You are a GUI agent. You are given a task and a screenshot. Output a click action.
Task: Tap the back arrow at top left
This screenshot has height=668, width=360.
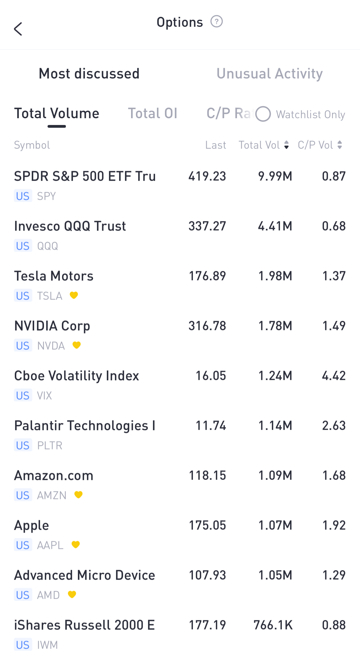click(18, 29)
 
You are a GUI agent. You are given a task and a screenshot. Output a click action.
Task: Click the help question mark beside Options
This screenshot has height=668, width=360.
click(217, 22)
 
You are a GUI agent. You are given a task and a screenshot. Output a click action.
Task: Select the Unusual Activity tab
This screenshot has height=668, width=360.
click(270, 74)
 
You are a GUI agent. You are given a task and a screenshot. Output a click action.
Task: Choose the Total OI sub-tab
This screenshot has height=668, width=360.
click(153, 113)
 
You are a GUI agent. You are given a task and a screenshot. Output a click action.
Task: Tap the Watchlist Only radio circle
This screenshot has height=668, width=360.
click(263, 114)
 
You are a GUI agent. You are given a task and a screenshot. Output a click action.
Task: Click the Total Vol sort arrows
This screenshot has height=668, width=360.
click(286, 145)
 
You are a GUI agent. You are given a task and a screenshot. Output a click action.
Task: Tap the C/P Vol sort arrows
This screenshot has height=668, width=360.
click(340, 145)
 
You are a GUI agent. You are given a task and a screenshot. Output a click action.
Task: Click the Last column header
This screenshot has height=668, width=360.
click(215, 145)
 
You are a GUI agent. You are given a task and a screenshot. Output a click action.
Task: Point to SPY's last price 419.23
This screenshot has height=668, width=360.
click(207, 176)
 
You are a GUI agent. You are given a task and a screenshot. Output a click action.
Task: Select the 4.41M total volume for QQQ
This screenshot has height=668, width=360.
click(275, 226)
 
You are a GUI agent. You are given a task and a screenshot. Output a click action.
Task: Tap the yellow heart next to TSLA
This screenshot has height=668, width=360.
click(74, 295)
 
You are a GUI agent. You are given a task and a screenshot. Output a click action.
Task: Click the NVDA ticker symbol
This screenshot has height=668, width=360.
click(51, 346)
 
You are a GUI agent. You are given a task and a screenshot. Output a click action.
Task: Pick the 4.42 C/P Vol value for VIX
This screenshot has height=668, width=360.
click(334, 376)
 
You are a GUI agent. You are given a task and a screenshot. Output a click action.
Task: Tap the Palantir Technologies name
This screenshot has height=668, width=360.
click(85, 426)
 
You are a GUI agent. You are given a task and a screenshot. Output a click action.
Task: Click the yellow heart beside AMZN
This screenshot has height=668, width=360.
click(78, 495)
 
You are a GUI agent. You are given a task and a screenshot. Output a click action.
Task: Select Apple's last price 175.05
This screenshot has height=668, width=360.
click(207, 525)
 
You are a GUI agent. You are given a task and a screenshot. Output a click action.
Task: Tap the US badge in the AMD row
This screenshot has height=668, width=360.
click(23, 595)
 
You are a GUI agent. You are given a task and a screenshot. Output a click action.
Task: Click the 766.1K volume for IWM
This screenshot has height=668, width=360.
click(273, 625)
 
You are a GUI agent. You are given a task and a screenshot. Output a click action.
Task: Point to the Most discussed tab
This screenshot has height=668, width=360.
click(89, 74)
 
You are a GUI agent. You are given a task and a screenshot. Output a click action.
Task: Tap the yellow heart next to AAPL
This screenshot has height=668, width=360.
click(76, 545)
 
